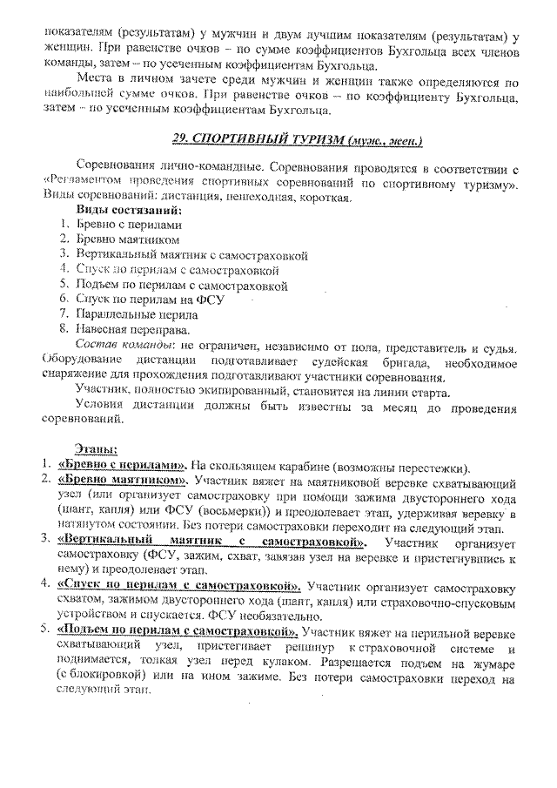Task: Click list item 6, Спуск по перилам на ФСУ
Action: [x=150, y=299]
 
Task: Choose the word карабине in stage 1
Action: [x=298, y=463]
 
